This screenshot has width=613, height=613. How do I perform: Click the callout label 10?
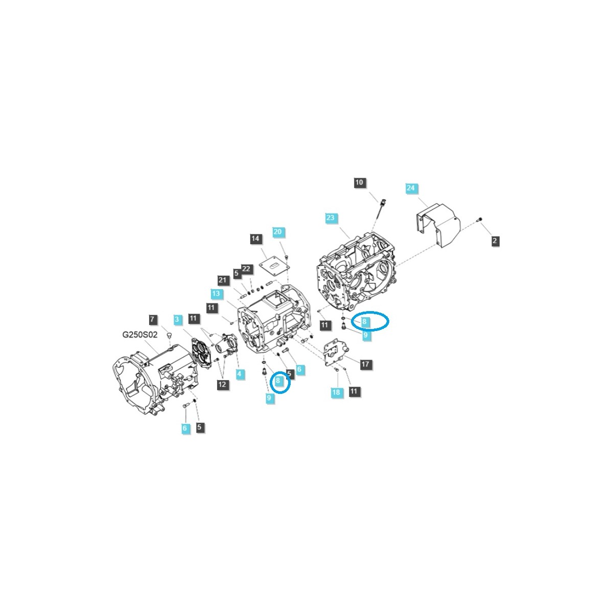[x=359, y=183]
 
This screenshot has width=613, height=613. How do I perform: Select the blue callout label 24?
[x=411, y=188]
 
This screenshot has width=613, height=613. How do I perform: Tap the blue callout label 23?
[x=331, y=218]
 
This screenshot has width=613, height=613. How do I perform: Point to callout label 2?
[x=495, y=241]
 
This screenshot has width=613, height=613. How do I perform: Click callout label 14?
[x=255, y=239]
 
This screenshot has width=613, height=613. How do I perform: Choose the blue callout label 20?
[x=277, y=232]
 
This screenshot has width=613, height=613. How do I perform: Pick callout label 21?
[x=222, y=280]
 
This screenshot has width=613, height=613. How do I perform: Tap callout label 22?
[x=246, y=269]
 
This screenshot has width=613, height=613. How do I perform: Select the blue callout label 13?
[x=216, y=294]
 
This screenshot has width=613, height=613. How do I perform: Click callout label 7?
[x=152, y=320]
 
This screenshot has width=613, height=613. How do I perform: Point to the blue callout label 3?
[x=177, y=320]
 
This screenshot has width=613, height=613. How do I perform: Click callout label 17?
[x=365, y=364]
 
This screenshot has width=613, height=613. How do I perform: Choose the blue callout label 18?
[x=336, y=392]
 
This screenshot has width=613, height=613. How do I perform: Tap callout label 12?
[x=223, y=384]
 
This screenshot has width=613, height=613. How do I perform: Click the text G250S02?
[x=139, y=335]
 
